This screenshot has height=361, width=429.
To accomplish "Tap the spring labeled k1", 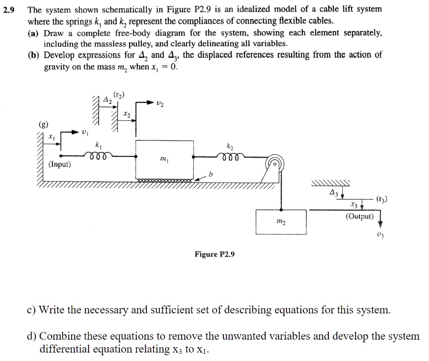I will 98,156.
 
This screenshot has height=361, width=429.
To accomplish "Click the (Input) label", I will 59,165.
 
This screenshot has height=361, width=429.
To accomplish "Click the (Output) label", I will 360,217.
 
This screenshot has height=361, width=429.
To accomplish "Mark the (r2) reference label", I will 120,95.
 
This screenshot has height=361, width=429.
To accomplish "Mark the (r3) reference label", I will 381,199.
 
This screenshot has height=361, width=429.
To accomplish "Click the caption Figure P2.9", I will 214,254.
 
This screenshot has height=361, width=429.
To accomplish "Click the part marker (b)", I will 35,55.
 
